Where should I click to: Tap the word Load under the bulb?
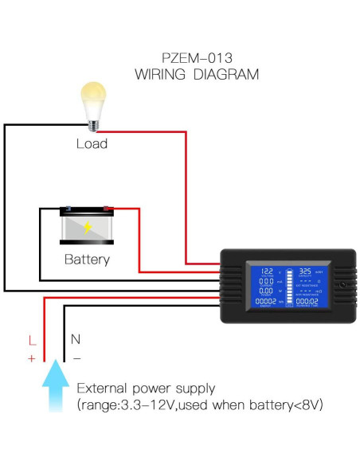pos(92,144)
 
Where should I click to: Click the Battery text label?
pos(87,260)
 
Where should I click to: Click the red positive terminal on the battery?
pos(108,209)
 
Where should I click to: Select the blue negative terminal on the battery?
pos(65,210)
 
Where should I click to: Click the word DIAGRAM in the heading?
pos(229,75)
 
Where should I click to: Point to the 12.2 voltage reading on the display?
pos(268,271)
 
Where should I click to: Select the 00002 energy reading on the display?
pos(265,302)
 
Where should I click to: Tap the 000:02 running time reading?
pos(307,302)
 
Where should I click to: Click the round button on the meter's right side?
pos(343,285)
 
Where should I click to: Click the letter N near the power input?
pos(76,338)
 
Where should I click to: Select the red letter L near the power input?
pos(31,341)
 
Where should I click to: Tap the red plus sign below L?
pos(31,358)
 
